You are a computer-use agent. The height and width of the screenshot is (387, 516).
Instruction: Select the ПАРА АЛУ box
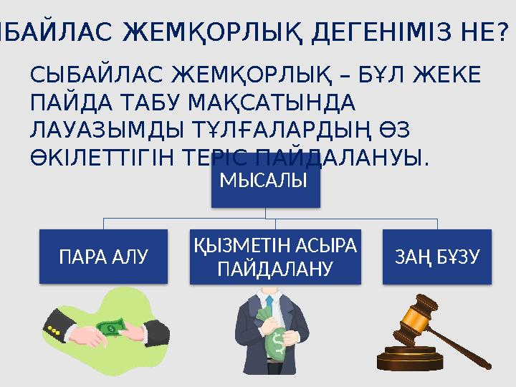click(103, 255)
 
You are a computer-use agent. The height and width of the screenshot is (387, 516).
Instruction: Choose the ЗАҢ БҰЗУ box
click(437, 255)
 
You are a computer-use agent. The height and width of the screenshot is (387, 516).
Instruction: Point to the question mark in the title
click(503, 32)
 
